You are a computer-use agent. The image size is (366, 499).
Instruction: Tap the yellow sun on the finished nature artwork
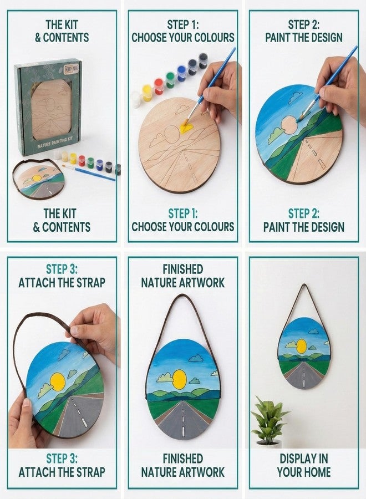click(179, 379)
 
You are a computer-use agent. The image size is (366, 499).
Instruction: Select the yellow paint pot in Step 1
click(147, 92)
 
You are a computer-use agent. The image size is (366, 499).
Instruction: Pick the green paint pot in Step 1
click(170, 79)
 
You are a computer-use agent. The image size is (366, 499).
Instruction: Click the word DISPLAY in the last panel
click(304, 459)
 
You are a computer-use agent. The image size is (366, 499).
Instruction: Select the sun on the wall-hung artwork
click(302, 347)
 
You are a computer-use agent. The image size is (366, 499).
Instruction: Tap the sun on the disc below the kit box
click(37, 179)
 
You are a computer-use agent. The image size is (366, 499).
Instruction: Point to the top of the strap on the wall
click(303, 286)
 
